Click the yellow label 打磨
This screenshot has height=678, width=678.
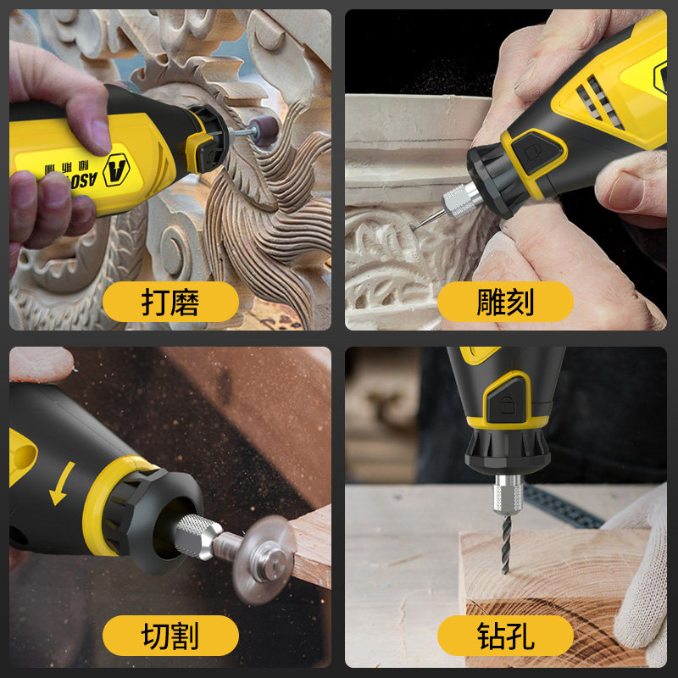170,301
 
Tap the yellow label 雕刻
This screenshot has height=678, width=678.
506,301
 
